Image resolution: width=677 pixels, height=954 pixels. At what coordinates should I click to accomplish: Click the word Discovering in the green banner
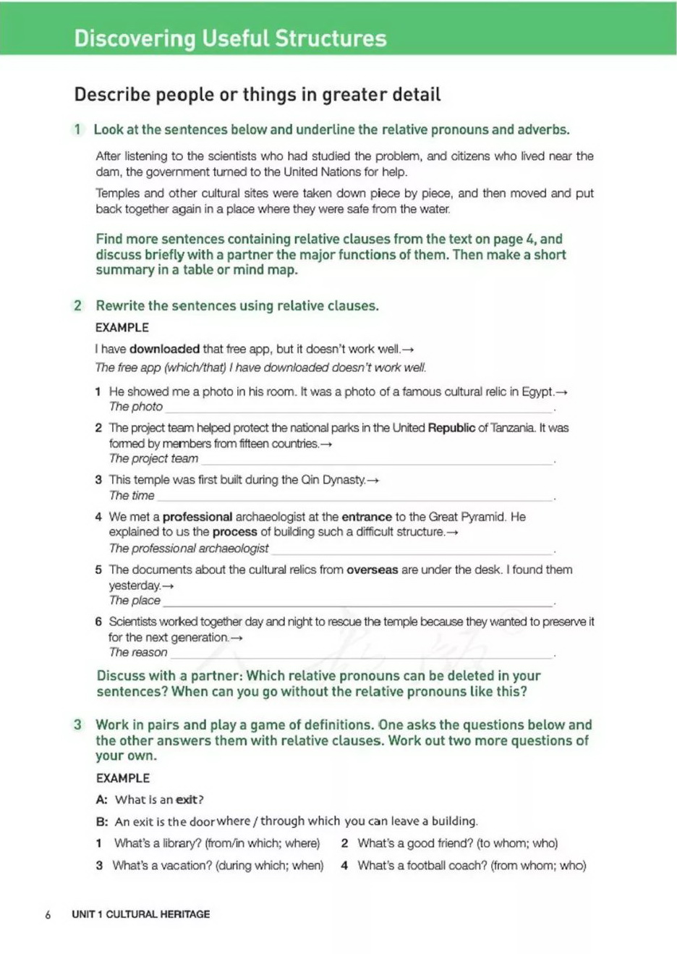tap(135, 38)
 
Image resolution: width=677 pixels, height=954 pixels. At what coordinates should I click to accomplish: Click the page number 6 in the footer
tap(48, 915)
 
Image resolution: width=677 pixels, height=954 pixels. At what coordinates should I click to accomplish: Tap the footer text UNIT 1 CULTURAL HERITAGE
tap(140, 914)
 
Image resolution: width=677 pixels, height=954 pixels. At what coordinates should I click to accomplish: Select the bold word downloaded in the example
tap(164, 349)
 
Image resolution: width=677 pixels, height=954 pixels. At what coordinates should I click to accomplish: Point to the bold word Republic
tap(451, 428)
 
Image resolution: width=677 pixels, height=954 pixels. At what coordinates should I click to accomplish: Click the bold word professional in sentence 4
tap(197, 517)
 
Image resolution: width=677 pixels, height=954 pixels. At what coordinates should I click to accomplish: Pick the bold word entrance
tap(366, 517)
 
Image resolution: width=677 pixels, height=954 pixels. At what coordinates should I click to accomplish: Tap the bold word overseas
tap(372, 570)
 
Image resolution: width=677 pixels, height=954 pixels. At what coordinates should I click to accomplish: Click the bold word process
tap(235, 532)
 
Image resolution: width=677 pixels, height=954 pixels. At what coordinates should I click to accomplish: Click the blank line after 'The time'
tap(354, 497)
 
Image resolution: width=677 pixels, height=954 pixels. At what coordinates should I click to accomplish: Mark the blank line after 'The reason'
tap(360, 654)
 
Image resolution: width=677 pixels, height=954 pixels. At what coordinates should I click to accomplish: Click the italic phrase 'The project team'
tap(153, 459)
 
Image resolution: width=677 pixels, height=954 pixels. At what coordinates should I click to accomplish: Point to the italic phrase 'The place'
tap(135, 601)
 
